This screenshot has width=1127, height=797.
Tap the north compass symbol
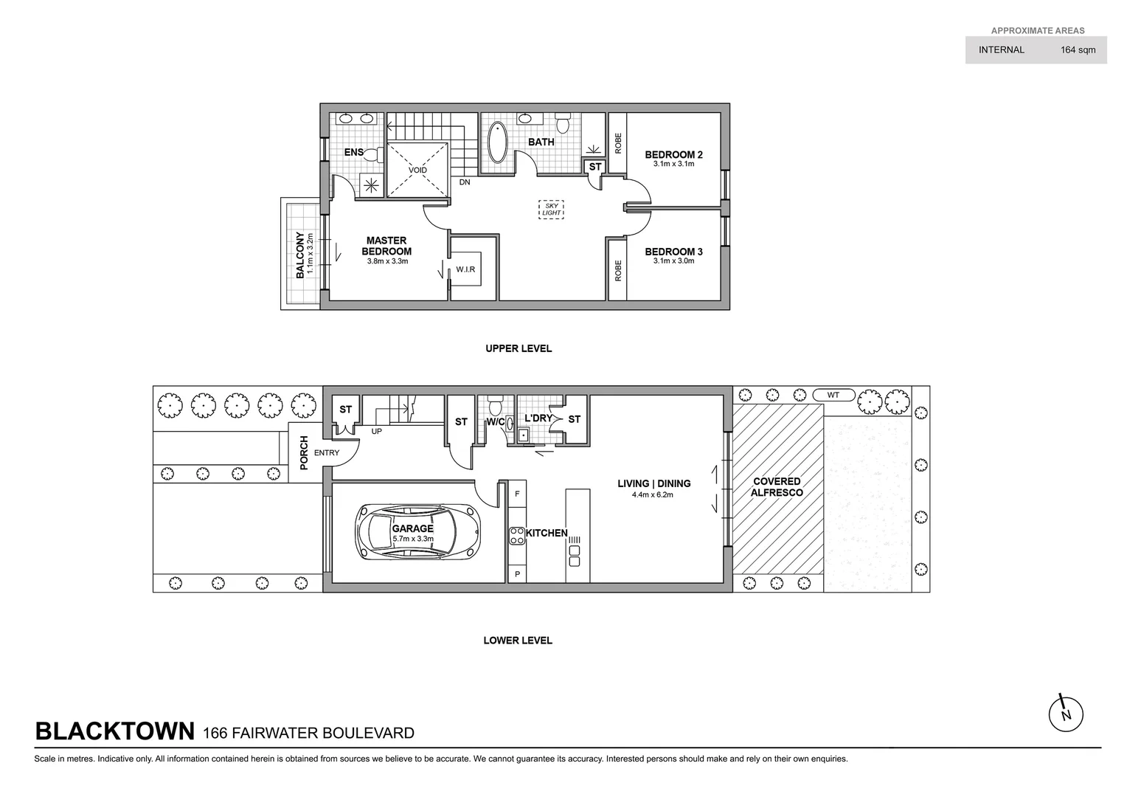tap(1065, 714)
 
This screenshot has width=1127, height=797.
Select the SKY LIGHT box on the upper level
tap(551, 209)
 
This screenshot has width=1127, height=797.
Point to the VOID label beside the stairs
tap(417, 170)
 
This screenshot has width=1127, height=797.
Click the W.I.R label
tap(465, 269)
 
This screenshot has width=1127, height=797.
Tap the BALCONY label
tap(300, 255)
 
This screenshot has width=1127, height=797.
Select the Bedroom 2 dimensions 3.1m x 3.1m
tap(673, 164)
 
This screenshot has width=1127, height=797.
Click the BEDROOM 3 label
tap(673, 252)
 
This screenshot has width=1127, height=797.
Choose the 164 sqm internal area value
tap(1078, 50)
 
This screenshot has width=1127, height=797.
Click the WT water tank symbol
tap(833, 395)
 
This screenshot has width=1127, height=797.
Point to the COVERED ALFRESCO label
tap(777, 487)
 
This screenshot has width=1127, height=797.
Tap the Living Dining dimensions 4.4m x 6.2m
tap(653, 494)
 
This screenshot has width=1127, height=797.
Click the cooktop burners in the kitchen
tap(517, 535)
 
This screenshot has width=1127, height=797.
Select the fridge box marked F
tap(517, 494)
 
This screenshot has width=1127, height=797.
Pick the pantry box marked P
tap(517, 573)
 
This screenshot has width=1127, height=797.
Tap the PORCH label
tap(304, 452)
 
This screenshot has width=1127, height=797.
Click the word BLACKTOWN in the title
tap(115, 731)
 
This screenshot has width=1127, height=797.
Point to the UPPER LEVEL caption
tap(518, 348)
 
